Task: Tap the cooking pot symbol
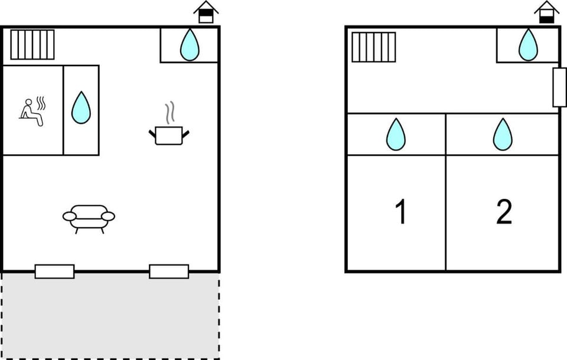pyautogui.click(x=169, y=135)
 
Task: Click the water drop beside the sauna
pyautogui.click(x=81, y=108)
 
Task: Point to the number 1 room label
pyautogui.click(x=400, y=211)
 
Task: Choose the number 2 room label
pyautogui.click(x=504, y=212)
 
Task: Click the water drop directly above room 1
pyautogui.click(x=396, y=135)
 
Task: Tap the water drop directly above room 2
pyautogui.click(x=503, y=135)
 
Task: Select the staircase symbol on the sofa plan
pyautogui.click(x=32, y=45)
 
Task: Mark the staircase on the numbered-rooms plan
pyautogui.click(x=374, y=47)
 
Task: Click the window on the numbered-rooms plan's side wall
pyautogui.click(x=559, y=87)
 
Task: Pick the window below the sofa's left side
pyautogui.click(x=54, y=271)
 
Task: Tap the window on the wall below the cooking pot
pyautogui.click(x=169, y=271)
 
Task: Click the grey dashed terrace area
pyautogui.click(x=110, y=316)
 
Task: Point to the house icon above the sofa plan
pyautogui.click(x=206, y=12)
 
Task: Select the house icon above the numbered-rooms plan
pyautogui.click(x=547, y=12)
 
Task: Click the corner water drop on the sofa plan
pyautogui.click(x=190, y=45)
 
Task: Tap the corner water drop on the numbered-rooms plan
pyautogui.click(x=528, y=45)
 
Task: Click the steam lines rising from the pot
pyautogui.click(x=170, y=113)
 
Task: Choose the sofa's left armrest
pyautogui.click(x=70, y=217)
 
